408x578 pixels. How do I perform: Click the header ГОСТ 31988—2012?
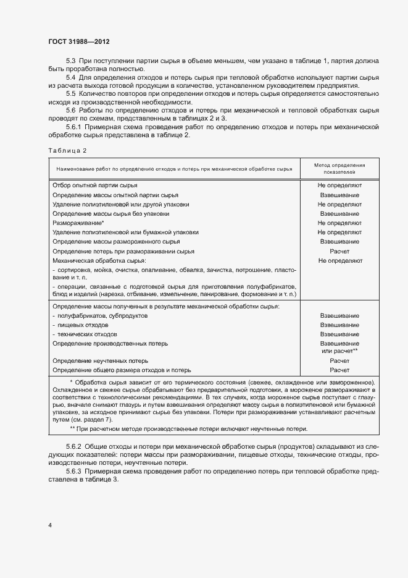coord(80,41)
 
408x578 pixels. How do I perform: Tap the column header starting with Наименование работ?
coord(174,169)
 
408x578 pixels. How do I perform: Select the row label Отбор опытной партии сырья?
coord(95,185)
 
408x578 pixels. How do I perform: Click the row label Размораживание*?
coord(78,223)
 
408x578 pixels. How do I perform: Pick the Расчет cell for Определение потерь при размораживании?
coord(339,251)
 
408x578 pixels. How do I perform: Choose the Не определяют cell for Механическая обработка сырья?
coord(339,260)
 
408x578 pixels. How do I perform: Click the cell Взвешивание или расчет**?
coord(339,347)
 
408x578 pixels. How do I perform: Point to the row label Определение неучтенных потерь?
coord(100,360)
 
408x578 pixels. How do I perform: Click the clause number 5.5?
coord(70,93)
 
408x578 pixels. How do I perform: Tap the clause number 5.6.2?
coord(73,446)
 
